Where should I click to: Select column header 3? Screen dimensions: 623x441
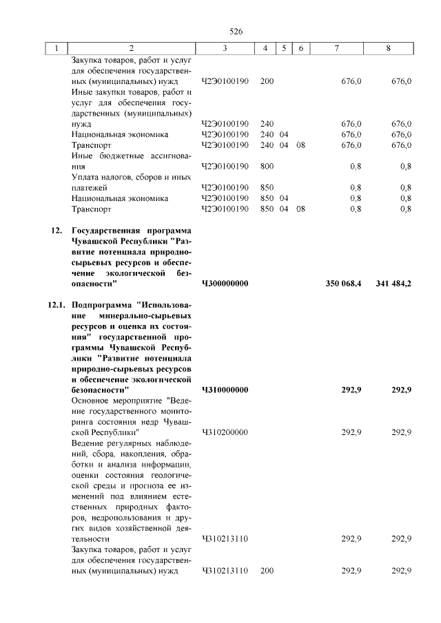pos(225,48)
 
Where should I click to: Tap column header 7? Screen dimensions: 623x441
pos(336,48)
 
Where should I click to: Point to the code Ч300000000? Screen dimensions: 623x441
pos(225,283)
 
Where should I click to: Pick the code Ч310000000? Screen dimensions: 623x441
pos(225,390)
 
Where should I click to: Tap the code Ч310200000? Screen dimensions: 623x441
pos(225,432)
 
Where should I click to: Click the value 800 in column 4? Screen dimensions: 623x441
pos(267,166)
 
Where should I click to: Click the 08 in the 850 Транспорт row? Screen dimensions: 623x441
pos(300,209)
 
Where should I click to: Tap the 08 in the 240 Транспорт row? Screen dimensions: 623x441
pos(300,145)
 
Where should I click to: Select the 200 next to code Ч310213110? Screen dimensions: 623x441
pos(267,571)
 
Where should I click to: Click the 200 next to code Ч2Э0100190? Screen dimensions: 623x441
pos(267,81)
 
